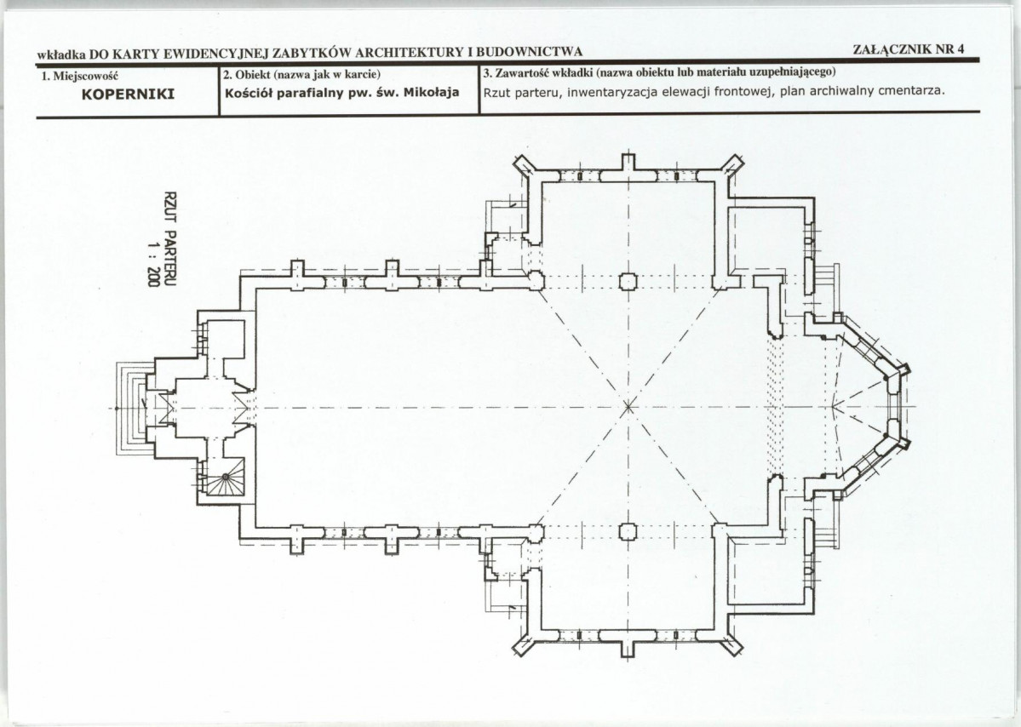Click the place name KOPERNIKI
tap(128, 94)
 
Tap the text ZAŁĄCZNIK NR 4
tap(908, 49)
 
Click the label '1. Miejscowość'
tap(78, 76)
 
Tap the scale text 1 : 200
tap(153, 264)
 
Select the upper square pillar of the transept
tap(627, 281)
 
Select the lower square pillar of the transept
tap(627, 532)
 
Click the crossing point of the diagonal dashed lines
tap(628, 408)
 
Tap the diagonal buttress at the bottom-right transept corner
tap(733, 644)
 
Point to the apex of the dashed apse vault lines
tap(834, 408)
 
